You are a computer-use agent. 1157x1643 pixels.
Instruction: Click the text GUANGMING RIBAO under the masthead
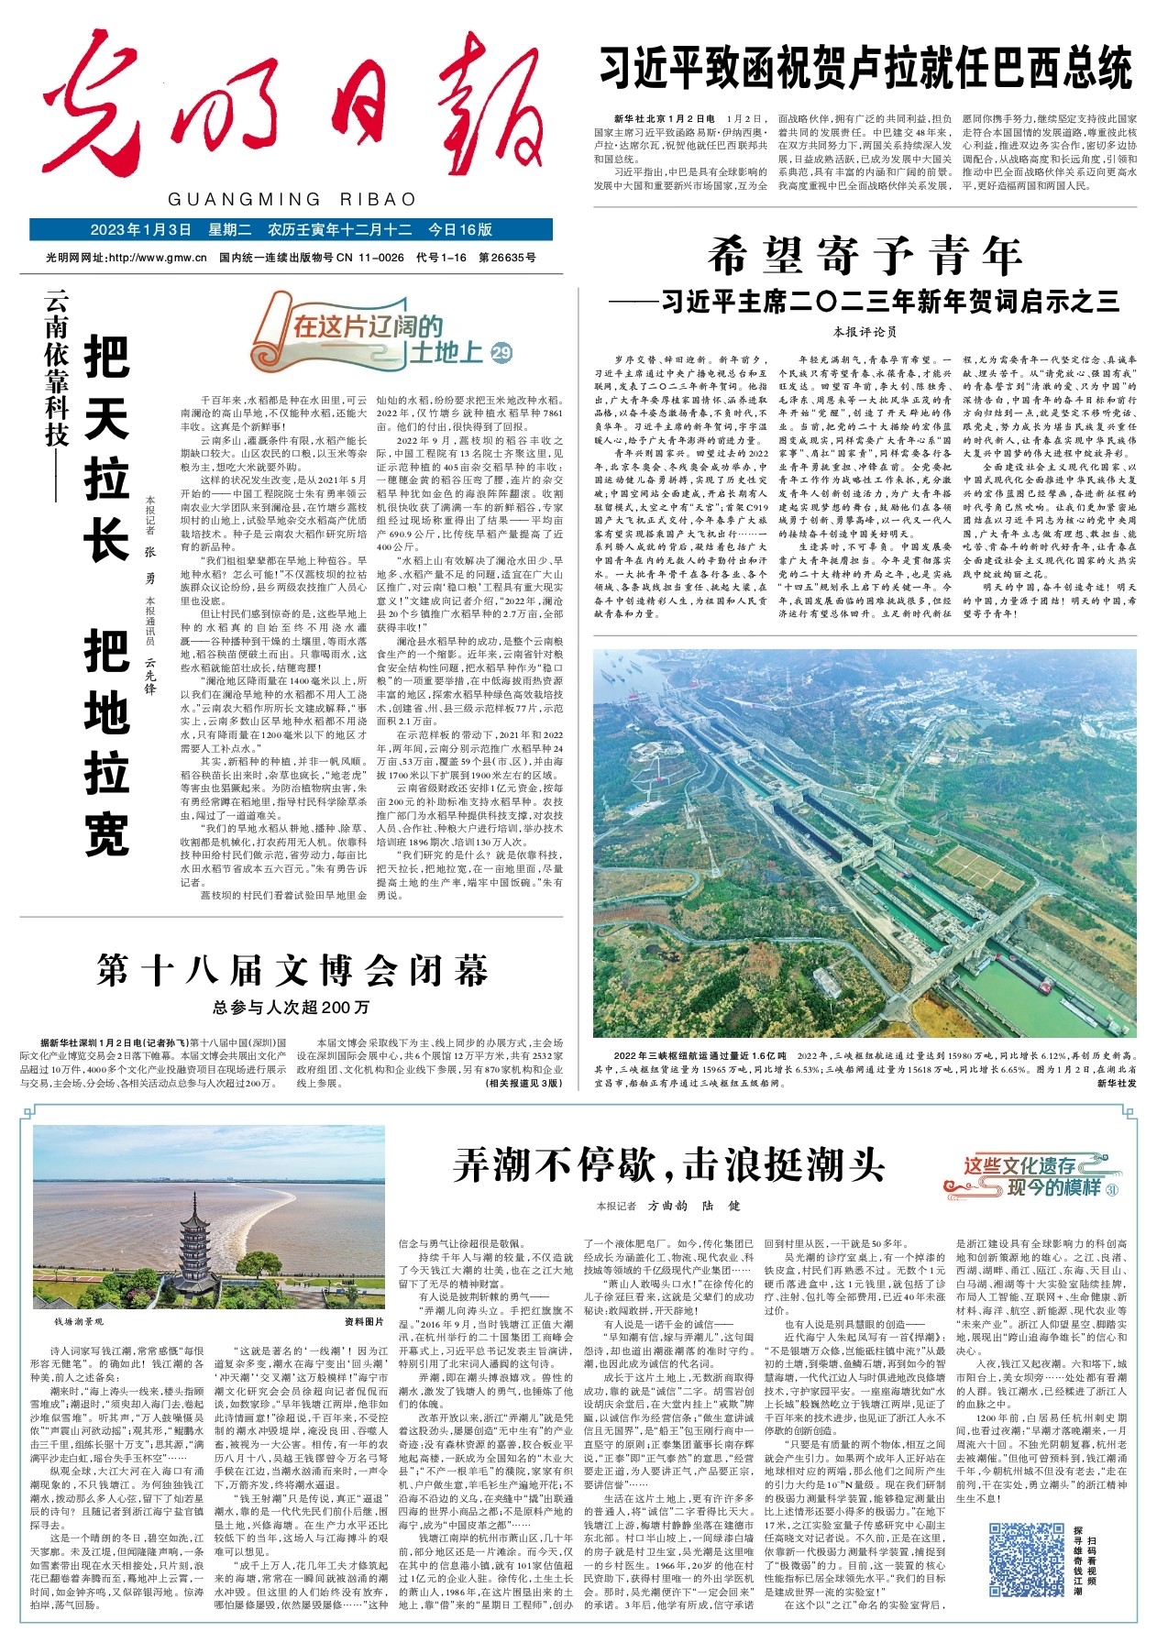pos(292,200)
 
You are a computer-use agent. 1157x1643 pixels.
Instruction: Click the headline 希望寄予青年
pos(865,257)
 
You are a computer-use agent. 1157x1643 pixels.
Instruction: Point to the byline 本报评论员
pos(864,331)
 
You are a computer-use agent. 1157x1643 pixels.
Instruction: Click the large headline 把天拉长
pos(106,447)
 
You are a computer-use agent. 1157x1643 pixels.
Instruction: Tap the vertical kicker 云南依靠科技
pos(57,367)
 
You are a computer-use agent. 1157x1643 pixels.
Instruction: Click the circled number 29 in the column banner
pos(501,353)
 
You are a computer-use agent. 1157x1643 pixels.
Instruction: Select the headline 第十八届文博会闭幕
pos(292,970)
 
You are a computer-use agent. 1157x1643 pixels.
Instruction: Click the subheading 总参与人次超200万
pos(292,1008)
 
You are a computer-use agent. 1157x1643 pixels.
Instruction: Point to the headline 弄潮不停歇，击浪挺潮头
pos(668,1164)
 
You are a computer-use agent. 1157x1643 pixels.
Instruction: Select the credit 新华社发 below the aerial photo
pos(1116,1083)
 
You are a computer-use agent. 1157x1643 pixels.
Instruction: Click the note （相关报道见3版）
pos(523,1083)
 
